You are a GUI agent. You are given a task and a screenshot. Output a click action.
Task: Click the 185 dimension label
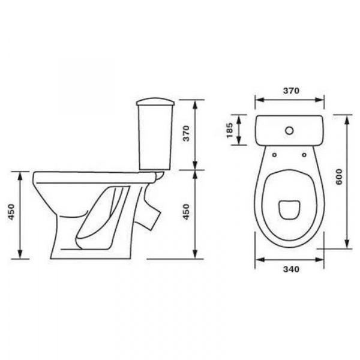point(230,130)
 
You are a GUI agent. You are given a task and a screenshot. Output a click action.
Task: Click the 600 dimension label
point(339,176)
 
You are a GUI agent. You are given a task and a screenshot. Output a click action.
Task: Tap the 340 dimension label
point(291,269)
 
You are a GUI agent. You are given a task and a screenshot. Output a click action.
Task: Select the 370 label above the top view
point(291,91)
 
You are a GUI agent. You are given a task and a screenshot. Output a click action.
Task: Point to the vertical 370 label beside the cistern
point(186,133)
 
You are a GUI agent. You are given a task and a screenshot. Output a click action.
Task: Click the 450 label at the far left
point(11,212)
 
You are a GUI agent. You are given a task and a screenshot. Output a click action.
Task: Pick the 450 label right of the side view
point(186,212)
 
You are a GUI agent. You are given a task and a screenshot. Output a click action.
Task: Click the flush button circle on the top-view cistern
point(290,131)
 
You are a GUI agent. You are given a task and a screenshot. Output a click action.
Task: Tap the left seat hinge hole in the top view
point(274,155)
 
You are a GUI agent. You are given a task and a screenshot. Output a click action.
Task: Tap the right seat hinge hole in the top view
point(304,155)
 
